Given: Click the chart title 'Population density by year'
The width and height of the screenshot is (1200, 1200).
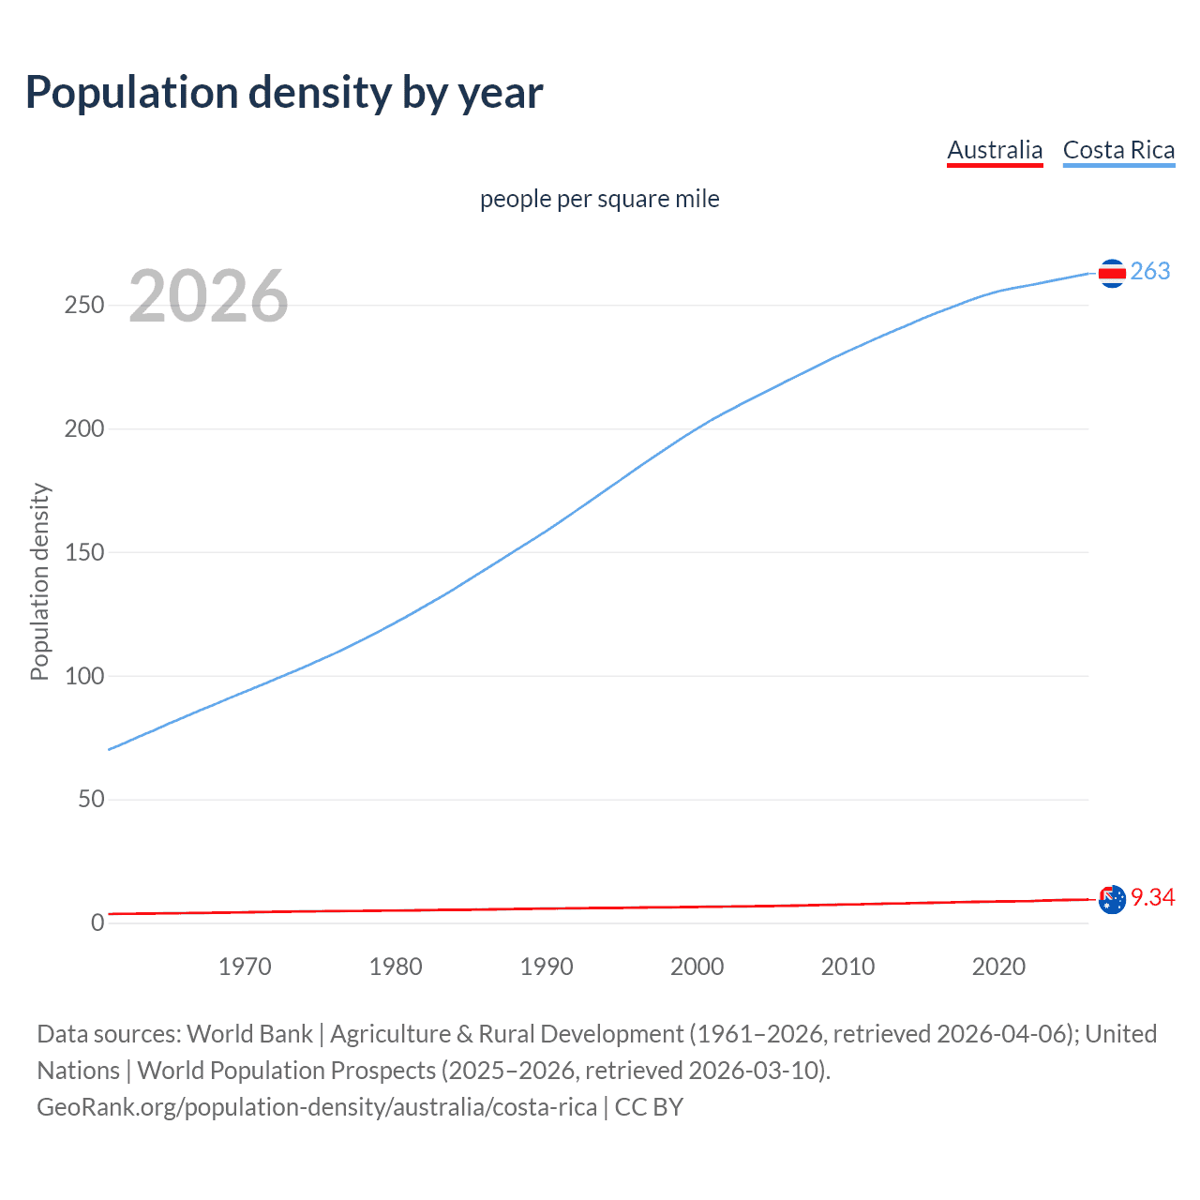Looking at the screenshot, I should click(284, 93).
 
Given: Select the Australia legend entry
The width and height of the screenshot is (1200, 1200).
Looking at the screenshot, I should click(994, 150).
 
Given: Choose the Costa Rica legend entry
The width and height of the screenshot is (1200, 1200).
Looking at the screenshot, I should click(1118, 150).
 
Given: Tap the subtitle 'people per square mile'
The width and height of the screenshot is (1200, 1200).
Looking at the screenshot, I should click(599, 199).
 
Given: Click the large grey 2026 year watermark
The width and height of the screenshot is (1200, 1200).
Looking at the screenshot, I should click(208, 296).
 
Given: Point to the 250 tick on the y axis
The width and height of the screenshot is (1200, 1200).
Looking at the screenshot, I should click(84, 306).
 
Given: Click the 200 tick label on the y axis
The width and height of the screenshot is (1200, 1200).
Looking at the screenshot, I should click(84, 429).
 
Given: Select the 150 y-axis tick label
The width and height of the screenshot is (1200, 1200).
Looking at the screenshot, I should click(84, 553).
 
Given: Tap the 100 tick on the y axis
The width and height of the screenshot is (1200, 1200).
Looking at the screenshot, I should click(84, 676).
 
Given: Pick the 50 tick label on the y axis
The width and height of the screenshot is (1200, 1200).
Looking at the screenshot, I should click(91, 800).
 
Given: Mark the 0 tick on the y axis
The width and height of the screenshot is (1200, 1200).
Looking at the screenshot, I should click(97, 922).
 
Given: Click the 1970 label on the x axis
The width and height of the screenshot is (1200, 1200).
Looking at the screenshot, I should click(245, 967).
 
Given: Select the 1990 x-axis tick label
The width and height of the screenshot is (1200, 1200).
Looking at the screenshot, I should click(547, 967).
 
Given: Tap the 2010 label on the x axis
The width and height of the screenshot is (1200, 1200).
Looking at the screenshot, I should click(847, 967).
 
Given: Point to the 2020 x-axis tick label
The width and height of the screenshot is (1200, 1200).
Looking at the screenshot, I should click(998, 967).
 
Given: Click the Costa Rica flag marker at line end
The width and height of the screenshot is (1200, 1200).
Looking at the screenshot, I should click(1112, 273).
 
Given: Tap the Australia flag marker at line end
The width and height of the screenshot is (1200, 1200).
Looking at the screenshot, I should click(1112, 899).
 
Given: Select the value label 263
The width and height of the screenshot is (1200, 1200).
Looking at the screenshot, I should click(1150, 271).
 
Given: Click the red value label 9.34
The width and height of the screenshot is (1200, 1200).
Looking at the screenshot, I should click(1152, 897).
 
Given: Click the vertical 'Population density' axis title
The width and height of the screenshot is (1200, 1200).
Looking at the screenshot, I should click(39, 581).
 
